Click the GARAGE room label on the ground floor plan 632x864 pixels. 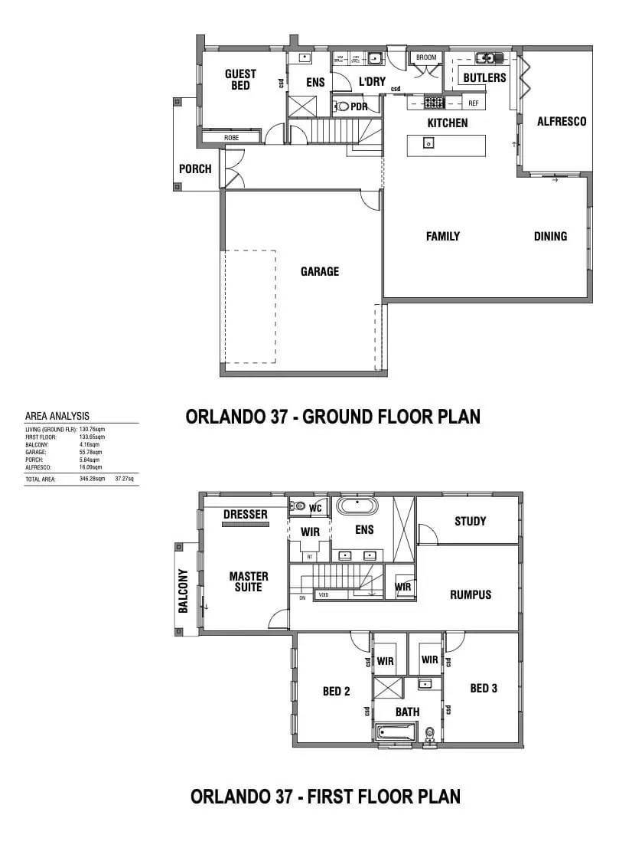coord(319,271)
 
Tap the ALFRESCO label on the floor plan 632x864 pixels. coord(561,121)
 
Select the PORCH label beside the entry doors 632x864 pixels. coord(195,169)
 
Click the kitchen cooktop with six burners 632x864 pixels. coord(435,102)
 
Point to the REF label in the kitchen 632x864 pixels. coord(473,103)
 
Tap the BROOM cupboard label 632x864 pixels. coord(426,57)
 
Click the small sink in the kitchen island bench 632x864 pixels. coord(429,142)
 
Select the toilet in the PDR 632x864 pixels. coord(343,107)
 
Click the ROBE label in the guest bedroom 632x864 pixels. coord(231,138)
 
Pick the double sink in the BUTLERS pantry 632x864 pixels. coord(485,57)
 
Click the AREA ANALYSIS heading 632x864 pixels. coord(57,416)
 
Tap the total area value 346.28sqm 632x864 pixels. coord(92,478)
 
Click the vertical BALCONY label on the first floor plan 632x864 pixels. coord(184,591)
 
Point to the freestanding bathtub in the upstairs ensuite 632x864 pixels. coord(357,506)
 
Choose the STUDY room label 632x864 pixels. coord(470,521)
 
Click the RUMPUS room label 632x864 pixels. coord(471,594)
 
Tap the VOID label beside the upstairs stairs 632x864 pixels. coord(323,594)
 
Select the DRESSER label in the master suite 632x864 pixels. coord(246,514)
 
